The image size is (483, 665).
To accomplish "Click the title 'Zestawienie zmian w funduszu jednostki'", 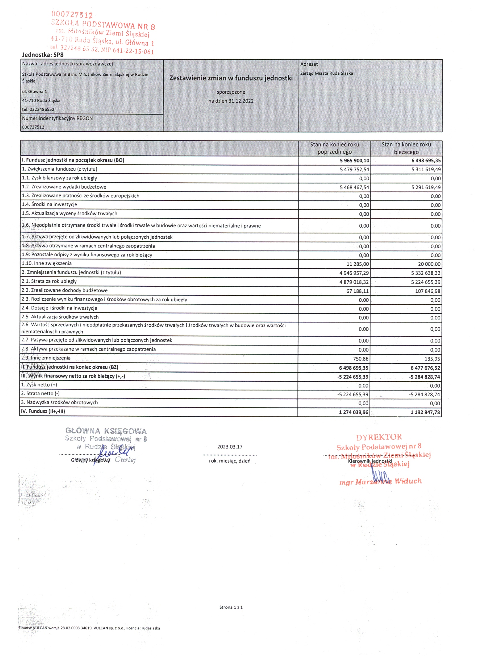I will pyautogui.click(x=231, y=78).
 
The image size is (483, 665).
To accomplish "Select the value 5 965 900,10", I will pyautogui.click(x=354, y=161).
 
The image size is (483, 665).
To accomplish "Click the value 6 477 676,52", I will pyautogui.click(x=425, y=368).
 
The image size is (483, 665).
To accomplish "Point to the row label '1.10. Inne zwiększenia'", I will pyautogui.click(x=47, y=263).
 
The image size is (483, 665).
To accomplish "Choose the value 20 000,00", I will pyautogui.click(x=429, y=264).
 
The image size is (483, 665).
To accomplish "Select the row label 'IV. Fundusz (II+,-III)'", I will pyautogui.click(x=43, y=411).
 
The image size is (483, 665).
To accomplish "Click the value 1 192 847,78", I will pyautogui.click(x=425, y=412).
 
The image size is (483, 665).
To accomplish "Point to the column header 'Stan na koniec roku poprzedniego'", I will pyautogui.click(x=334, y=148).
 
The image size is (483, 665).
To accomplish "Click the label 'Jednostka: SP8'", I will pyautogui.click(x=43, y=55).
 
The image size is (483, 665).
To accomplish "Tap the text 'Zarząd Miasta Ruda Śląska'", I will pyautogui.click(x=326, y=73).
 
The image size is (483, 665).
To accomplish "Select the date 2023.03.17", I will pyautogui.click(x=230, y=447).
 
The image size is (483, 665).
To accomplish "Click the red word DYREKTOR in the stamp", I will pyautogui.click(x=379, y=437).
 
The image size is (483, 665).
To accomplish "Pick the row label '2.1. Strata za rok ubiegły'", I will pyautogui.click(x=49, y=281).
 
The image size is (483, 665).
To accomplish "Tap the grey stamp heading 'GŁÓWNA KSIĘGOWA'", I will pyautogui.click(x=106, y=431).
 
